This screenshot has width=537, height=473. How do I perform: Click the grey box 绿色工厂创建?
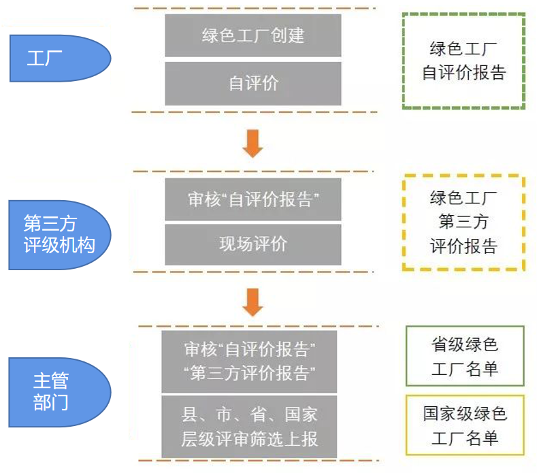(x=253, y=35)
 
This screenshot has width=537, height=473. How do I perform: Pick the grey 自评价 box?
(x=253, y=84)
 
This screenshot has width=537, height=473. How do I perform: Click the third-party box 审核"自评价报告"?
(x=253, y=199)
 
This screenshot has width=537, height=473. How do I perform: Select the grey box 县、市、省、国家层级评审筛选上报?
(x=249, y=427)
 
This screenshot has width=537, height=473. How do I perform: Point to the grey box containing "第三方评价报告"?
(x=249, y=361)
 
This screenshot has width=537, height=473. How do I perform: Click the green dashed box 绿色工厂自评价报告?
(x=463, y=61)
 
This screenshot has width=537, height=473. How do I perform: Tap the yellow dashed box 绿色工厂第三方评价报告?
(x=463, y=223)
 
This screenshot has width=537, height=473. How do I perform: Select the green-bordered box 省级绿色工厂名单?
(x=465, y=357)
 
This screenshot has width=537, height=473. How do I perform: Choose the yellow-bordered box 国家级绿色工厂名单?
(x=465, y=425)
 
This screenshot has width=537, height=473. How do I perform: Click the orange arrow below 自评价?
(x=253, y=142)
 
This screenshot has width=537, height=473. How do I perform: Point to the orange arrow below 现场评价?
(x=253, y=302)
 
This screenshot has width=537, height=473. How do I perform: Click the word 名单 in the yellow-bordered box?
(x=483, y=438)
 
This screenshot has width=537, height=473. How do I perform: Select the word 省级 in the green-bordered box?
(x=446, y=345)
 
